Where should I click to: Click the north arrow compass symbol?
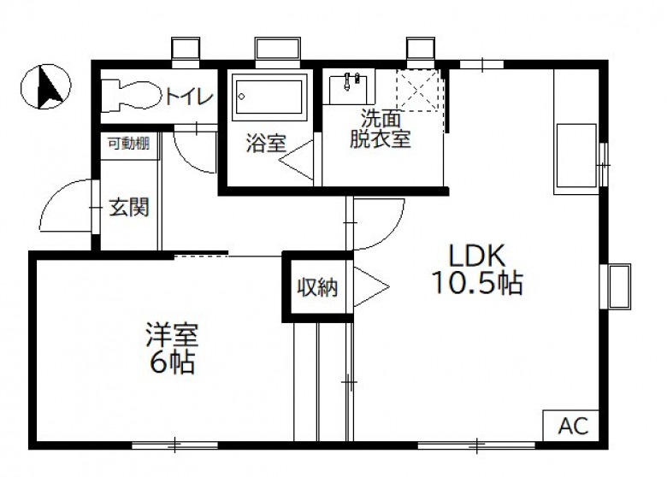pyautogui.click(x=46, y=86)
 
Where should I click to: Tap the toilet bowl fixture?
pyautogui.click(x=131, y=97)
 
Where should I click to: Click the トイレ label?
pyautogui.click(x=189, y=97)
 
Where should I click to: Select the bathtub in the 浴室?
pyautogui.click(x=269, y=97)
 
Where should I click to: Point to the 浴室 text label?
pyautogui.click(x=266, y=144)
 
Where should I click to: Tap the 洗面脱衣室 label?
pyautogui.click(x=381, y=129)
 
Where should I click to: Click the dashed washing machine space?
pyautogui.click(x=417, y=90)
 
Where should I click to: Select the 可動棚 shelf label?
pyautogui.click(x=129, y=144)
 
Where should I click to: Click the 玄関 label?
pyautogui.click(x=129, y=208)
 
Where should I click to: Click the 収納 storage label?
pyautogui.click(x=318, y=287)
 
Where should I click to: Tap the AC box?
pyautogui.click(x=571, y=426)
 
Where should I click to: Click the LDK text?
pyautogui.click(x=478, y=256)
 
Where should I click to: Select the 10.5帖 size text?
pyautogui.click(x=477, y=283)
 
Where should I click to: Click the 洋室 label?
pyautogui.click(x=172, y=335)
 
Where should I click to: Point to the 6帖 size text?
pyautogui.click(x=172, y=362)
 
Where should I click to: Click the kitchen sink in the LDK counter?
pyautogui.click(x=576, y=156)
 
